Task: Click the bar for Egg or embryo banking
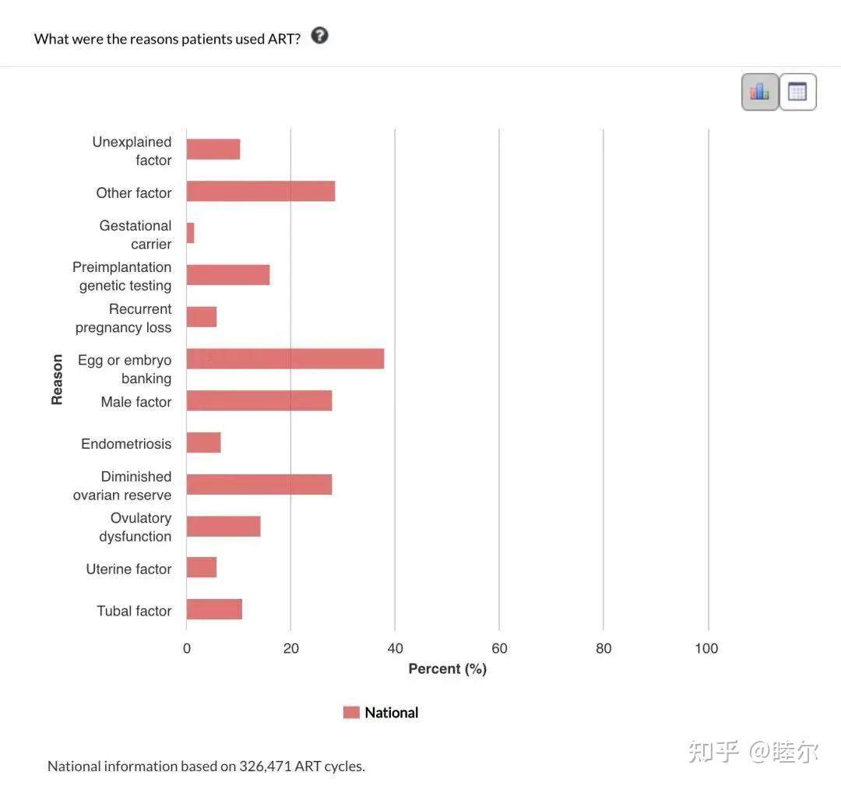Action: pyautogui.click(x=285, y=358)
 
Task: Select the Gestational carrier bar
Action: pyautogui.click(x=190, y=233)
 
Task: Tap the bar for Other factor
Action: pyautogui.click(x=261, y=191)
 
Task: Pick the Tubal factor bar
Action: pyautogui.click(x=214, y=609)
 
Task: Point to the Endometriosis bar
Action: pyautogui.click(x=203, y=442)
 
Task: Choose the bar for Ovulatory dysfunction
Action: pyautogui.click(x=223, y=526)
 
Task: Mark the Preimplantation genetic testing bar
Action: pyautogui.click(x=228, y=275)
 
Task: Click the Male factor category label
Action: pyautogui.click(x=136, y=402)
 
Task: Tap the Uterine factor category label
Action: pyautogui.click(x=128, y=569)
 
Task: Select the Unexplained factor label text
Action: pyautogui.click(x=132, y=151)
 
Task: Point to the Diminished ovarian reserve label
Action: pyautogui.click(x=123, y=485)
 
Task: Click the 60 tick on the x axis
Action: pyautogui.click(x=499, y=648)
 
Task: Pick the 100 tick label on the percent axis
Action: pyautogui.click(x=706, y=648)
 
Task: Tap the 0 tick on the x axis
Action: pyautogui.click(x=187, y=648)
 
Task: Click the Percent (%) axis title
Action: pyautogui.click(x=447, y=669)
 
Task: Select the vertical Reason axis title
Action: pyautogui.click(x=57, y=379)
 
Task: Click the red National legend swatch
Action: pyautogui.click(x=351, y=712)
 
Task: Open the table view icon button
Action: pyautogui.click(x=797, y=92)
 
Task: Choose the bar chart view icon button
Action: pyautogui.click(x=760, y=92)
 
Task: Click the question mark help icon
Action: pyautogui.click(x=319, y=36)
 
